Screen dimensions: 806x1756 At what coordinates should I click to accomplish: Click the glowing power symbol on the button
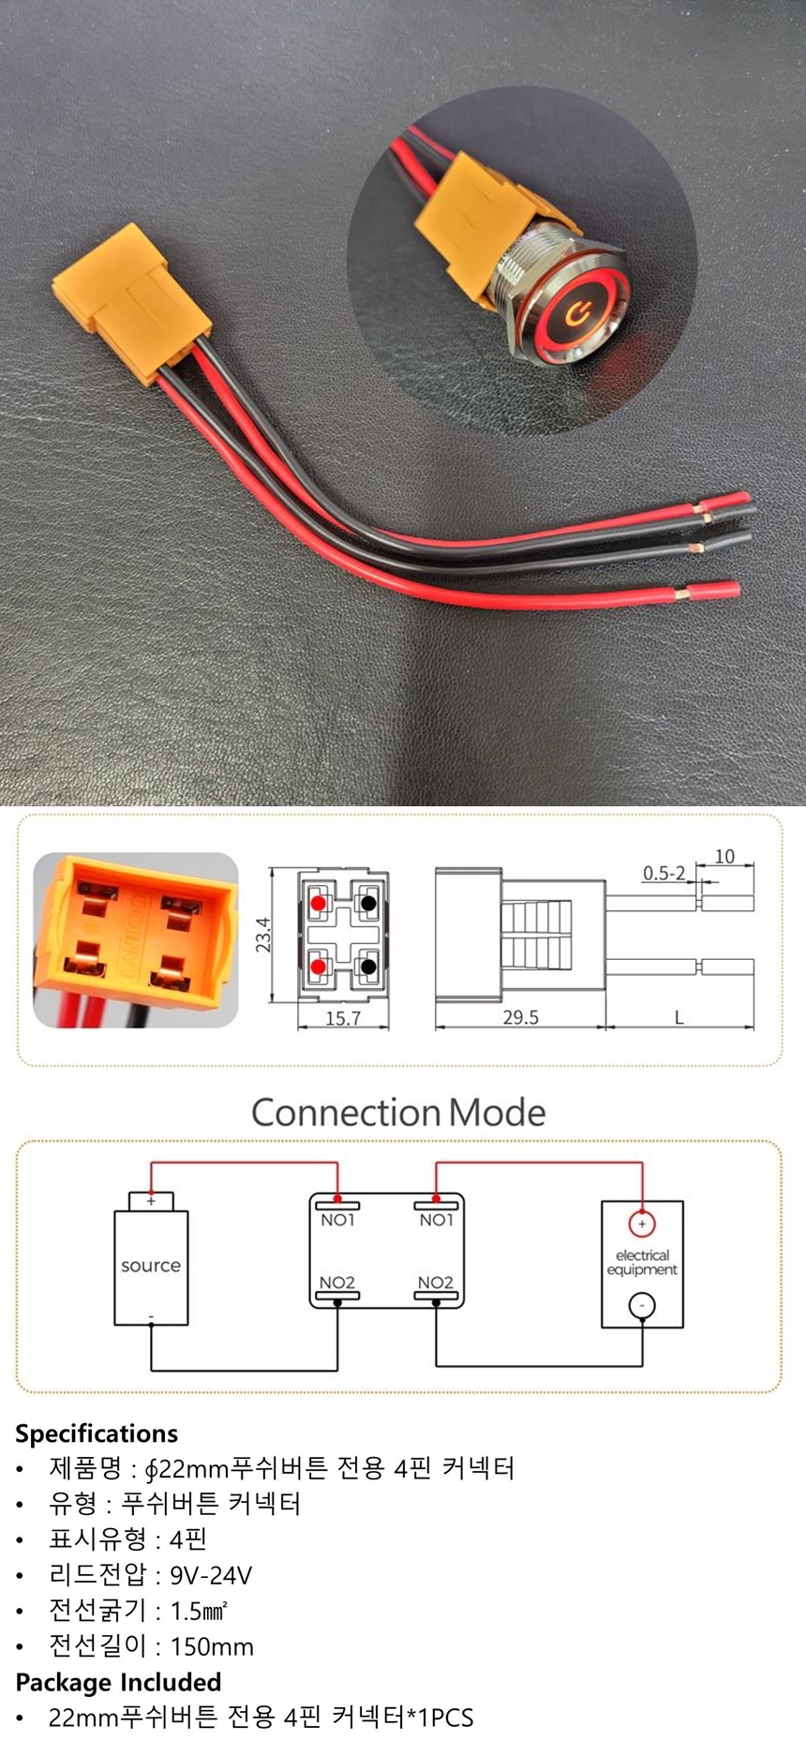[x=576, y=311]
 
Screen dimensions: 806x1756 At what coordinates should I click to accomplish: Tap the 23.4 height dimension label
[x=263, y=935]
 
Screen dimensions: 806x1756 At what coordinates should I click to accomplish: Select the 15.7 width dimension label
[x=343, y=1017]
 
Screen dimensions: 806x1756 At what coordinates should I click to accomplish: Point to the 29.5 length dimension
[x=520, y=1017]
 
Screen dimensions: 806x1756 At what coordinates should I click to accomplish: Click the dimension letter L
[x=679, y=1017]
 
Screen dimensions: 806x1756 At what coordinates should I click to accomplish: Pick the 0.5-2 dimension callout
[x=664, y=874]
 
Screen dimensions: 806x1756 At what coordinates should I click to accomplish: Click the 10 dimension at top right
[x=724, y=856]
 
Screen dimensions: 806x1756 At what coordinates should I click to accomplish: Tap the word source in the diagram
[x=151, y=1266]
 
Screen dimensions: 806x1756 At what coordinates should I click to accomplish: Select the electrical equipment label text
[x=642, y=1262]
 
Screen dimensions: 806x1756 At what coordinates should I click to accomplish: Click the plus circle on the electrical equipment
[x=642, y=1224]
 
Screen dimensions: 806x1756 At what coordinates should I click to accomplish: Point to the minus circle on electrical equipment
[x=642, y=1305]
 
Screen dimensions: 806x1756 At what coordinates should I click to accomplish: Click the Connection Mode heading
[x=398, y=1113]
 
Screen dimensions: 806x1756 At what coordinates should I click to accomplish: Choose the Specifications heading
[x=97, y=1433]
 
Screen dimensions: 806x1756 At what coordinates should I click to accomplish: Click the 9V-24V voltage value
[x=211, y=1575]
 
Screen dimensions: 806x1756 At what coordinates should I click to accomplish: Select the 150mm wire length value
[x=212, y=1646]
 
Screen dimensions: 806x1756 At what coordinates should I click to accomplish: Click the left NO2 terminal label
[x=337, y=1283]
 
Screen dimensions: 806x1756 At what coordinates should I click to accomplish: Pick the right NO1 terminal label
[x=436, y=1220]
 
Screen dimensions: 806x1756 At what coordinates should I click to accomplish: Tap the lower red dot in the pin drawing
[x=319, y=966]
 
